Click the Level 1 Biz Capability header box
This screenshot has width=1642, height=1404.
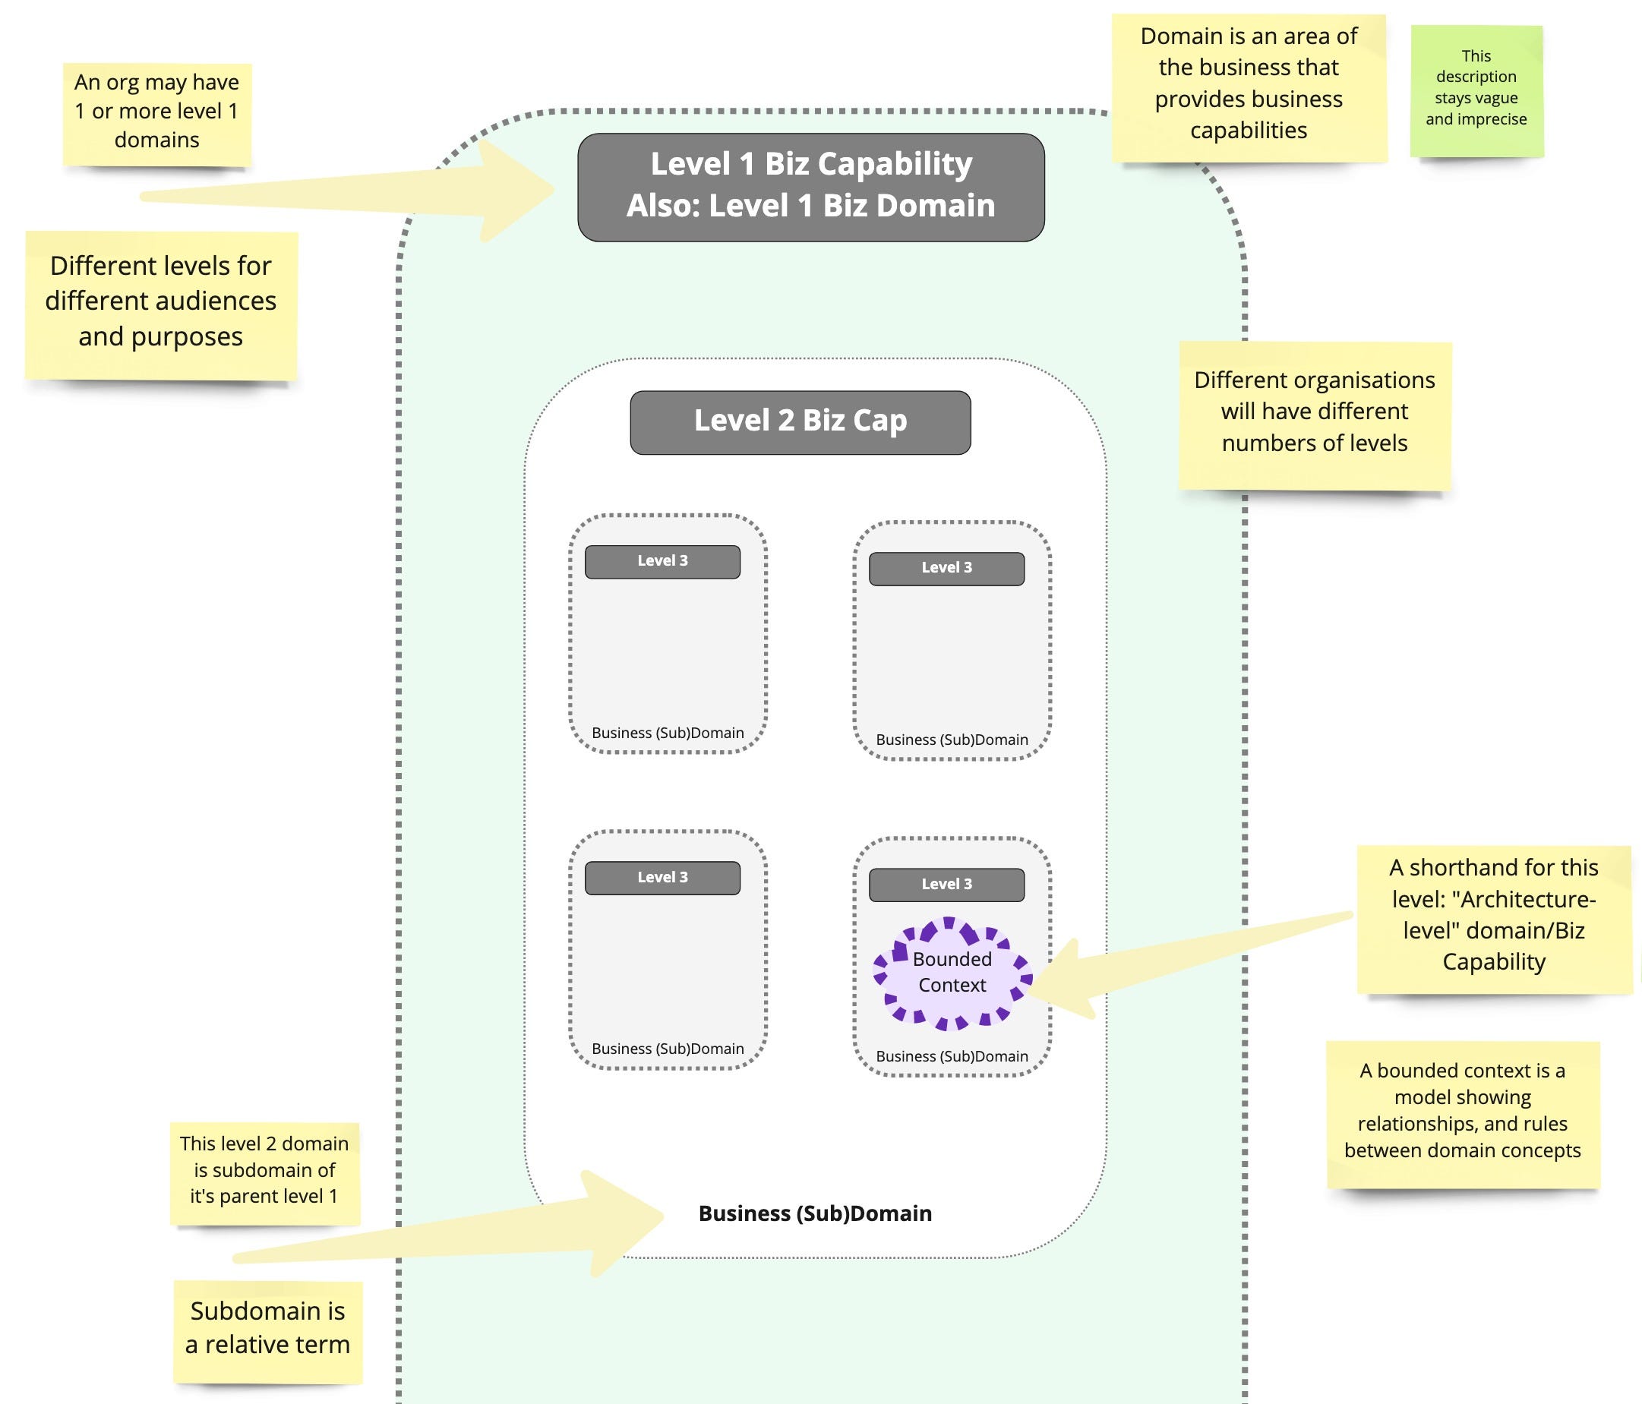tap(810, 187)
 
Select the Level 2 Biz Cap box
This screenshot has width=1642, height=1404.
tap(800, 422)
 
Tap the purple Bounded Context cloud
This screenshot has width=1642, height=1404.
tap(952, 973)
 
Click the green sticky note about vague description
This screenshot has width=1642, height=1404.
tap(1476, 90)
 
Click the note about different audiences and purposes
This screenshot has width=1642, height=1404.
tap(161, 304)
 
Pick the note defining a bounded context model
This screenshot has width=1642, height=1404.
tap(1463, 1113)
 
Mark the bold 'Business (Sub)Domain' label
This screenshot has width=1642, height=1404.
tap(815, 1214)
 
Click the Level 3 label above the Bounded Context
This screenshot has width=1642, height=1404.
tap(946, 884)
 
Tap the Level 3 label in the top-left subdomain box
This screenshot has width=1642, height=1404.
tap(662, 561)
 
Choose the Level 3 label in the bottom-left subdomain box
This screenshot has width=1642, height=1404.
tap(662, 877)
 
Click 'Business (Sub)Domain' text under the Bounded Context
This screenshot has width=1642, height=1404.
tap(952, 1056)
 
